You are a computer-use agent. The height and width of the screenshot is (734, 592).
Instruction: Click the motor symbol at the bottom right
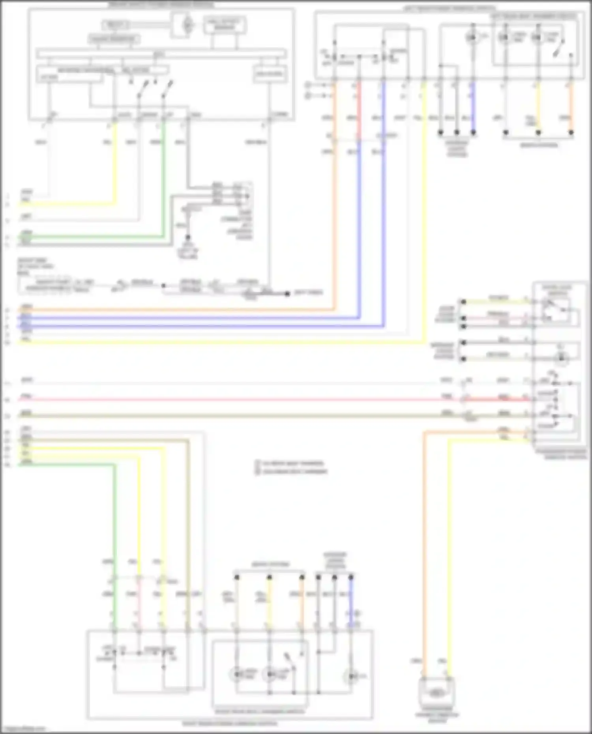click(436, 693)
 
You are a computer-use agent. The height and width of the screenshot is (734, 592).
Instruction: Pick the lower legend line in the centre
click(292, 471)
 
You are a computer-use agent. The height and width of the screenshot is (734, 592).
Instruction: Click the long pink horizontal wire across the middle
click(237, 400)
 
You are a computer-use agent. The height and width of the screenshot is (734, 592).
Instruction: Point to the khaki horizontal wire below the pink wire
click(237, 416)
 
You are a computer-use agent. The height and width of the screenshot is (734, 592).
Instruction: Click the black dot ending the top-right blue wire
click(473, 133)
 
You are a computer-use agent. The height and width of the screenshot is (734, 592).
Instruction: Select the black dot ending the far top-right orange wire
click(571, 133)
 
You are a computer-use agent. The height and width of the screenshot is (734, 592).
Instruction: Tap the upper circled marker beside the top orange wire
click(308, 85)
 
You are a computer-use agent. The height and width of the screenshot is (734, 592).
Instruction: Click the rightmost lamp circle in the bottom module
click(350, 677)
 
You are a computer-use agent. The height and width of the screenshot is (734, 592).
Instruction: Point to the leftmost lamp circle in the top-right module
click(472, 37)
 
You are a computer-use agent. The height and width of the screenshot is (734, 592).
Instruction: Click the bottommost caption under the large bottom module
click(229, 724)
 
